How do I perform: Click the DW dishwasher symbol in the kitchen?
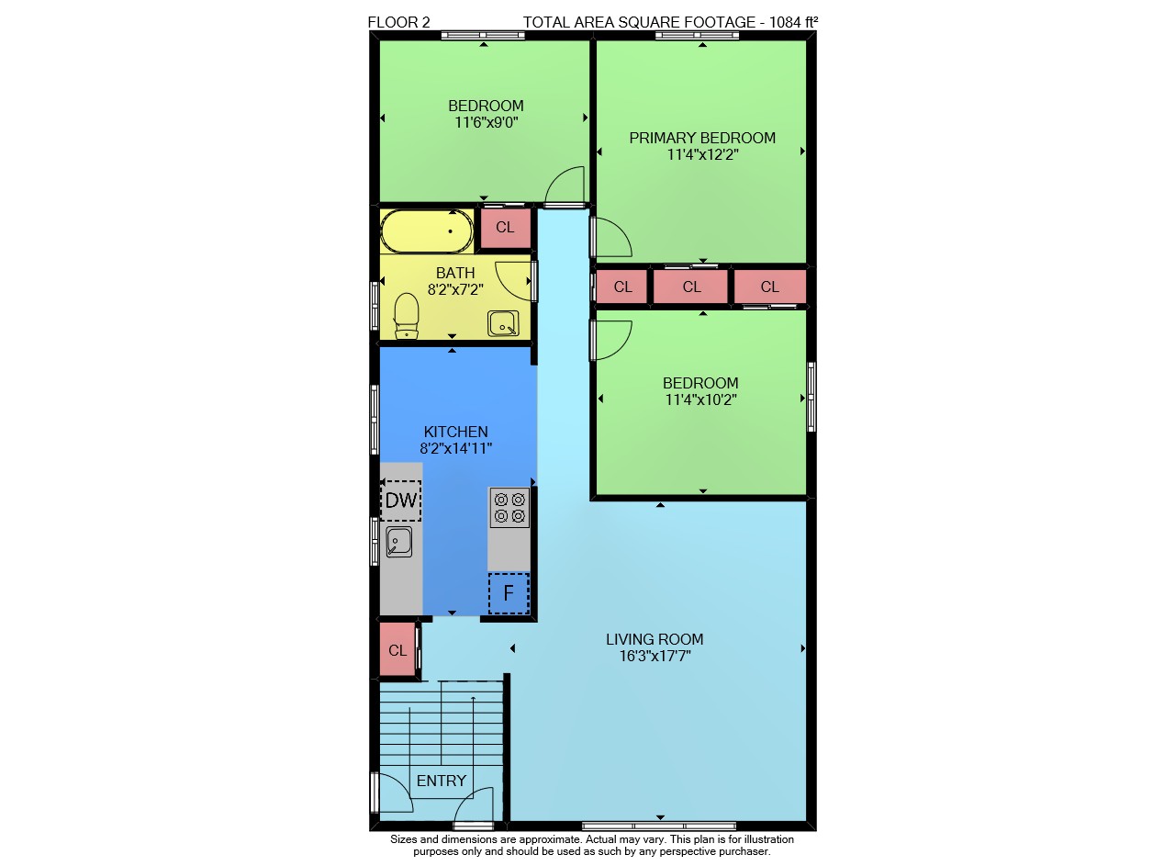click(x=401, y=500)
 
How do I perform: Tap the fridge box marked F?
click(x=509, y=593)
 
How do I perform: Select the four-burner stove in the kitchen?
click(x=509, y=508)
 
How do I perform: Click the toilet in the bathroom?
click(x=406, y=316)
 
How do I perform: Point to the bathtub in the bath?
click(x=427, y=231)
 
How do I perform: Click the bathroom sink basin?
click(x=503, y=323)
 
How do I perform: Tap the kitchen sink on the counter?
click(x=398, y=542)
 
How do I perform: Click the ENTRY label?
click(x=442, y=781)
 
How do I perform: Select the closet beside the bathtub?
click(x=505, y=228)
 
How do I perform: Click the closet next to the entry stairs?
click(x=397, y=651)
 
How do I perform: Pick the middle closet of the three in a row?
click(x=691, y=287)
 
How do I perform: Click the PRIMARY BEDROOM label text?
click(x=702, y=138)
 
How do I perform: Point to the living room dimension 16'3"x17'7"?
click(x=655, y=656)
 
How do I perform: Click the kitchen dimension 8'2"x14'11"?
click(x=456, y=448)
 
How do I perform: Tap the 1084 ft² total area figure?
click(x=793, y=22)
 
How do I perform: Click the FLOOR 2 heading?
click(x=398, y=22)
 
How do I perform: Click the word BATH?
click(x=455, y=273)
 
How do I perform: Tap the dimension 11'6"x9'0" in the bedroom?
click(x=487, y=122)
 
